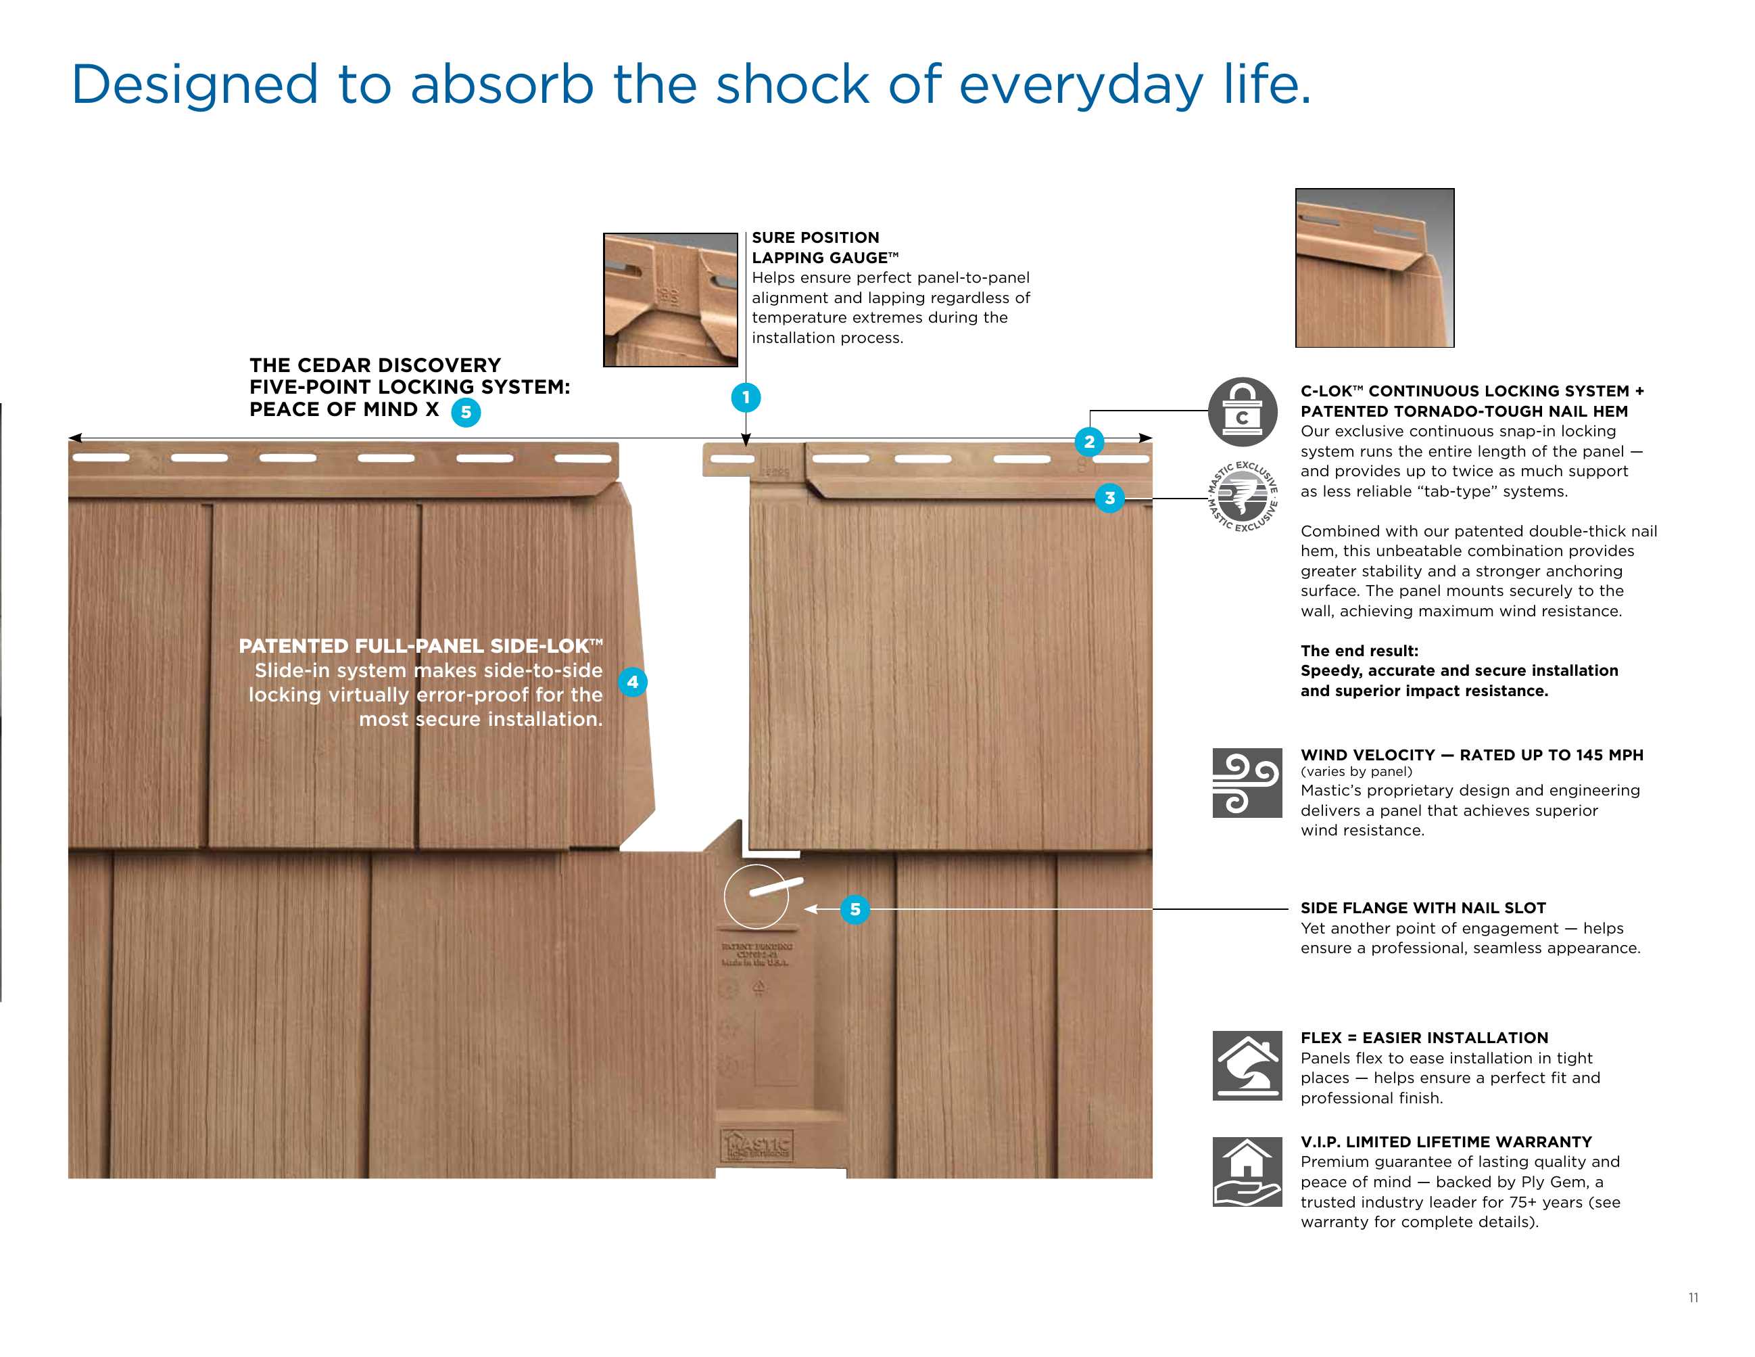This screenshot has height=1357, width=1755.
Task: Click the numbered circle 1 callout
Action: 746,397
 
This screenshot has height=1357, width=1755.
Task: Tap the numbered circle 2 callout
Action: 1089,441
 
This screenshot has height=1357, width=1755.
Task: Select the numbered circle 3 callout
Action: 1110,498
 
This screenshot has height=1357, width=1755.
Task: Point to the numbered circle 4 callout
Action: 632,682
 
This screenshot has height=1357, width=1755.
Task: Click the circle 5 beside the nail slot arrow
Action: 855,909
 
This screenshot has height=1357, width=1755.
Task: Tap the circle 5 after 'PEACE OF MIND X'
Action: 466,413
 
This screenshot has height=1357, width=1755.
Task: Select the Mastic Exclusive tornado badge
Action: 1243,496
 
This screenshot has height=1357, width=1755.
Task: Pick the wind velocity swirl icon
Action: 1247,782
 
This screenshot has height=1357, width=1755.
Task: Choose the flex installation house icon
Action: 1247,1065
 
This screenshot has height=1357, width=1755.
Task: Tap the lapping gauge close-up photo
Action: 670,300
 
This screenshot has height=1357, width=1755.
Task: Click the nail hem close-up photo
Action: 1374,268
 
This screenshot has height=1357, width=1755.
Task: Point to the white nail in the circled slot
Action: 775,886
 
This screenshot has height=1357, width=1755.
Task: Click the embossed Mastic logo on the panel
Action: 757,1145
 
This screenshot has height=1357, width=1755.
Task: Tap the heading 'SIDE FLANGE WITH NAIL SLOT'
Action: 1422,908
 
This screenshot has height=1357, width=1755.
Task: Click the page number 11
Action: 1693,1297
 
